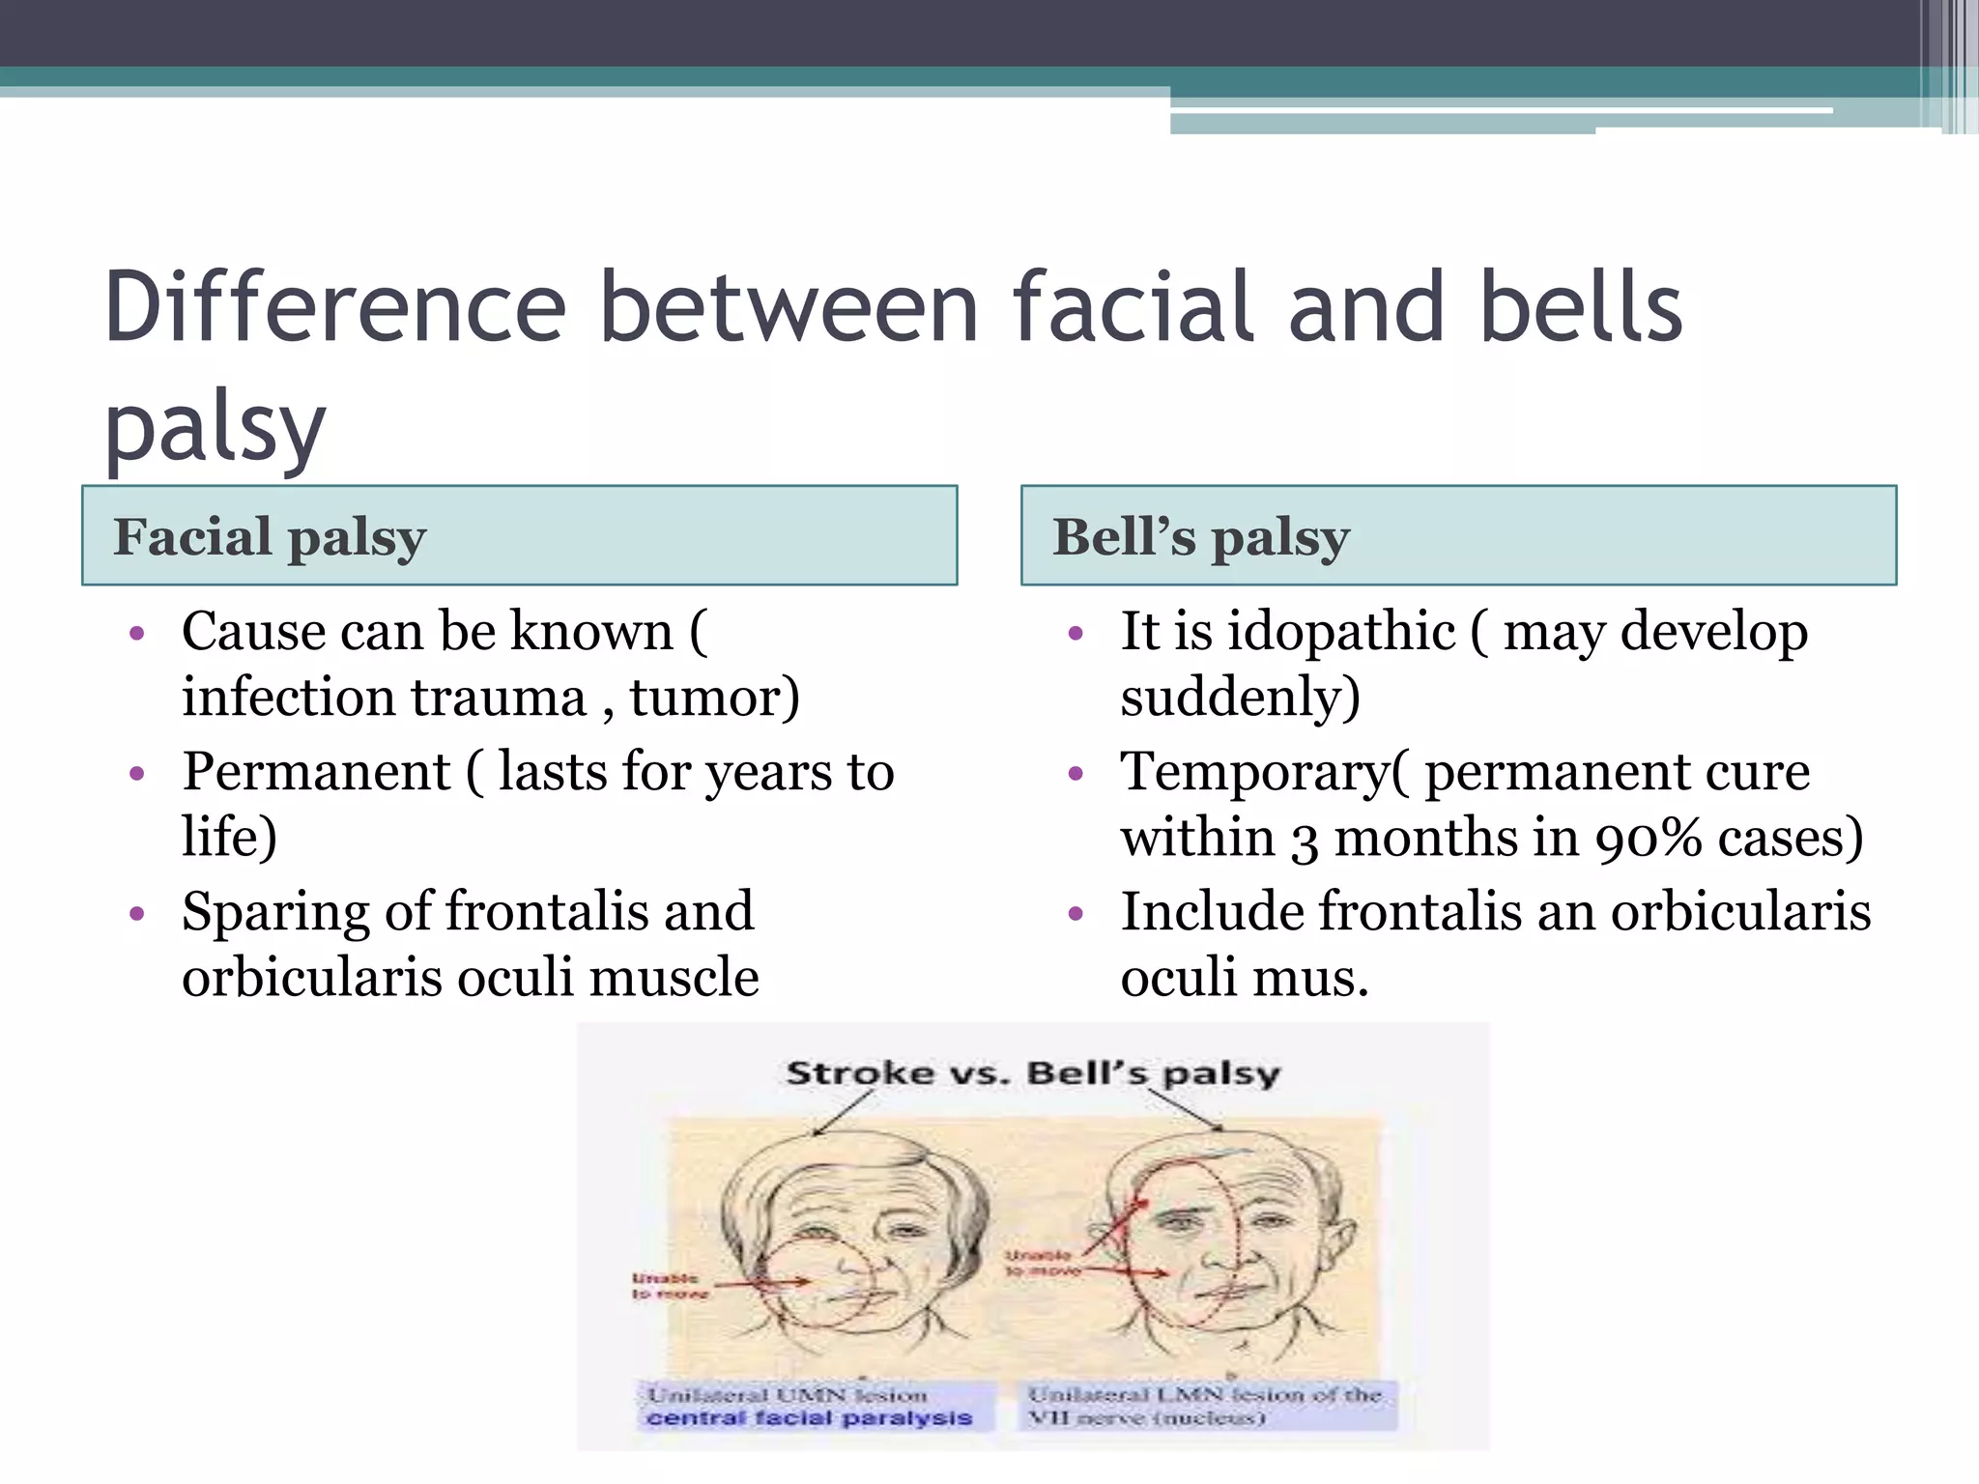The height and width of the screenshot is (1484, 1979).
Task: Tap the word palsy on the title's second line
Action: point(215,426)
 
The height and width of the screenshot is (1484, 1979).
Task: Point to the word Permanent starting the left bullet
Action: point(316,772)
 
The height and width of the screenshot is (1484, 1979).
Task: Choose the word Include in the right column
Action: point(1212,911)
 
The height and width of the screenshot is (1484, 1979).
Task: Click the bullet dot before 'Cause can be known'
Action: point(137,634)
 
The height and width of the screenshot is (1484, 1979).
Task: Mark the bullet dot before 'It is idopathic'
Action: point(1076,634)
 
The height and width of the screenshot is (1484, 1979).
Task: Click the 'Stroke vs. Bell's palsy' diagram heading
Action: point(1032,1073)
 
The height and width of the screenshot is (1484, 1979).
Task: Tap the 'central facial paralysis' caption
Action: point(809,1418)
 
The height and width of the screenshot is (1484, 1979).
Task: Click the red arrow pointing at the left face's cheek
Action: point(763,1284)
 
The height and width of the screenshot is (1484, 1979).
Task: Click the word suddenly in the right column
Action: point(1240,698)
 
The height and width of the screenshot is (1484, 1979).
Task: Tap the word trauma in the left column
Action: point(499,698)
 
